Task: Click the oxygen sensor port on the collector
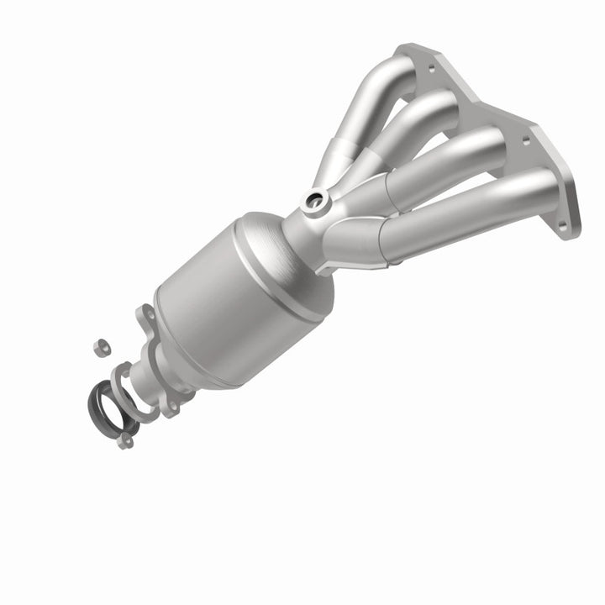tap(317, 199)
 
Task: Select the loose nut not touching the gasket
tap(97, 344)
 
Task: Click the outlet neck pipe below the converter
tap(164, 370)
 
